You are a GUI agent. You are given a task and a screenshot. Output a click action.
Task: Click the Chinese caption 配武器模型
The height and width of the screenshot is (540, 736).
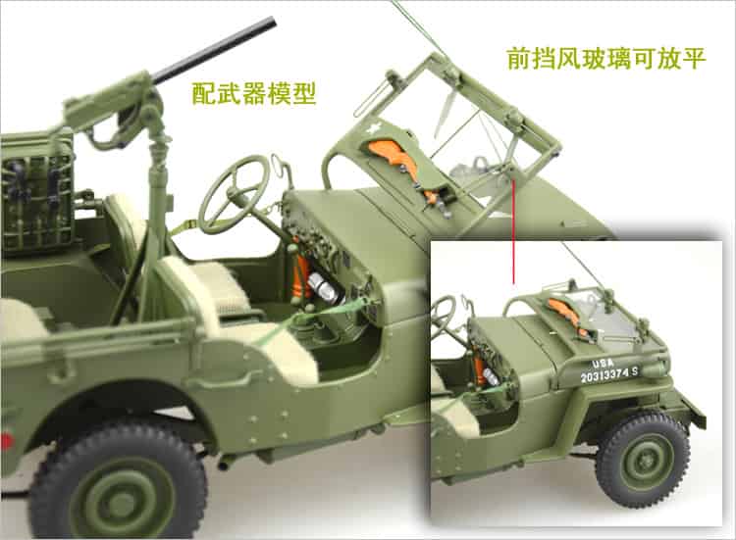coord(254,94)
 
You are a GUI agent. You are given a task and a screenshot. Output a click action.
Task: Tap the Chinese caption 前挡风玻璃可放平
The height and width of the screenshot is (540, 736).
coord(606,59)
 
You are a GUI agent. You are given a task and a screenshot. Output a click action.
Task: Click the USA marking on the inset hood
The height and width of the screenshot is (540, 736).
coord(603,364)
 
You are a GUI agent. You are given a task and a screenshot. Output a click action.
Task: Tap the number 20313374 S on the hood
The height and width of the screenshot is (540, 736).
coord(608,374)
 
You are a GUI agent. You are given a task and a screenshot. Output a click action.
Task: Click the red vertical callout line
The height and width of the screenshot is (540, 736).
coord(514,231)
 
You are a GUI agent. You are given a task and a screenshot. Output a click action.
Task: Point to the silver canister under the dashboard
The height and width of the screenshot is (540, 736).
coord(322,287)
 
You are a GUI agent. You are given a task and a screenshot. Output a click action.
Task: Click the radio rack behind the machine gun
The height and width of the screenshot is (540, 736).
coord(36,197)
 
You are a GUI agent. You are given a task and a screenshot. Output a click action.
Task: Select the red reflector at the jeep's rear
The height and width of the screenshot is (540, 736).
coord(6,442)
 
